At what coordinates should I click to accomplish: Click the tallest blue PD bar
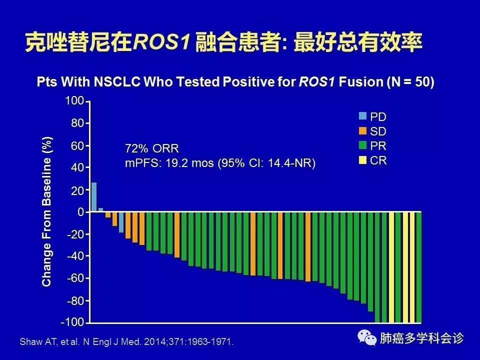point(94,197)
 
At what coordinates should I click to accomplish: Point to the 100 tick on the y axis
point(74,101)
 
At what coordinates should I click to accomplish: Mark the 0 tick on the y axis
point(80,212)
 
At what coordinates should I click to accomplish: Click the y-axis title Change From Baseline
point(47,212)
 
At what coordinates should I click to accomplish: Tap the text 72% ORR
point(151,148)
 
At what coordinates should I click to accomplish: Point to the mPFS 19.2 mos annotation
point(220,163)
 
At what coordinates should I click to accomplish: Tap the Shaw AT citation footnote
point(126,342)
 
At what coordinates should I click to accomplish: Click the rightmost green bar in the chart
point(418,267)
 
